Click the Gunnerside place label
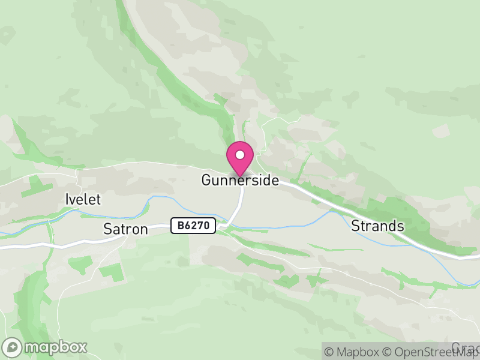pos(240,180)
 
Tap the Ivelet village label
pos(83,200)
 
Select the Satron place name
pos(125,229)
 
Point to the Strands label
pos(377,226)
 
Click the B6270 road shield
pos(193,226)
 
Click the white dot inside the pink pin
pos(240,155)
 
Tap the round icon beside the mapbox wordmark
pos(13,347)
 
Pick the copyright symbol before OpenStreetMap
pos(388,352)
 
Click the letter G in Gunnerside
pos(206,180)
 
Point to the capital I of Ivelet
pos(67,200)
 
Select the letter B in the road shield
pos(181,226)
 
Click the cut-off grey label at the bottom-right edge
pos(466,347)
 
